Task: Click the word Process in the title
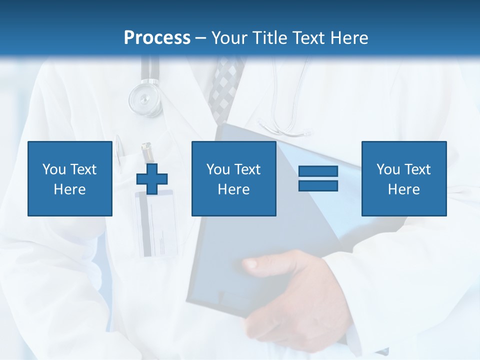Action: [157, 38]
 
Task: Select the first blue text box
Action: [70, 178]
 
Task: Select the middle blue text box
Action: [233, 178]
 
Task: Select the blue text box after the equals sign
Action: [403, 178]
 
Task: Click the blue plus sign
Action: [152, 178]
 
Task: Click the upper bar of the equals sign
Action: [318, 171]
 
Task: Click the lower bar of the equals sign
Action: [318, 185]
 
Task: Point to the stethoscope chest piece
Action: [145, 97]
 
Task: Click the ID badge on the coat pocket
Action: [155, 222]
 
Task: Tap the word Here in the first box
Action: [70, 189]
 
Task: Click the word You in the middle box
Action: [218, 169]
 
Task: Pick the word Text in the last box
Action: [417, 169]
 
